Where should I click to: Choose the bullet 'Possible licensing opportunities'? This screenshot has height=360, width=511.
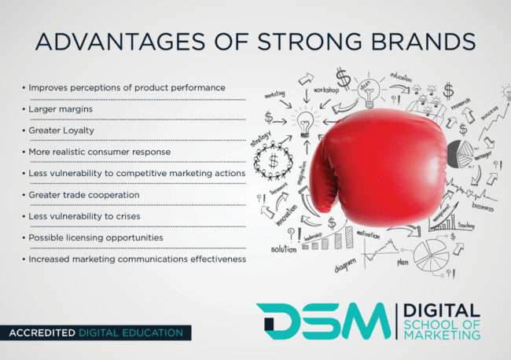(x=96, y=237)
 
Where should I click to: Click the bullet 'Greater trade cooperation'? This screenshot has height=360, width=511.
(x=83, y=194)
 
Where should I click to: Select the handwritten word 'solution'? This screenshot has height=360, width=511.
(x=284, y=249)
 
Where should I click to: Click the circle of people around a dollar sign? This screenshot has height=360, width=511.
(x=274, y=160)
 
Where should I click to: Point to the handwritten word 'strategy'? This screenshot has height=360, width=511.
(x=260, y=139)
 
